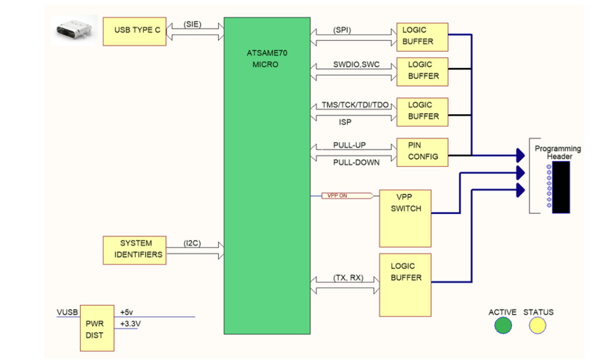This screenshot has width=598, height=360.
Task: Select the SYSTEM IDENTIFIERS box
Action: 133,249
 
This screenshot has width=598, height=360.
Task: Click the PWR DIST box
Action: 97,328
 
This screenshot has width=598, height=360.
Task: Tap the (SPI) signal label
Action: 342,30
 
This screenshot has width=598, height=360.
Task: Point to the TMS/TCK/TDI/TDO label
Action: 356,105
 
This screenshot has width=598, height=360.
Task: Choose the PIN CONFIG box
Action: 422,152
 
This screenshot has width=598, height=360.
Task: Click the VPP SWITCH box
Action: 405,217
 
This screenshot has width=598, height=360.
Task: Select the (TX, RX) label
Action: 348,278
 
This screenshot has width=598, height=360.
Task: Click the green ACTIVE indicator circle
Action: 503,325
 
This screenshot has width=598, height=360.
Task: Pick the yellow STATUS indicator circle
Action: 538,325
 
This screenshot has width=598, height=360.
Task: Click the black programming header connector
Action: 561,187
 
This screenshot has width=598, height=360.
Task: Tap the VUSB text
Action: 67,312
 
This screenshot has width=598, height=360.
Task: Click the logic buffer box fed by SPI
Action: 422,37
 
